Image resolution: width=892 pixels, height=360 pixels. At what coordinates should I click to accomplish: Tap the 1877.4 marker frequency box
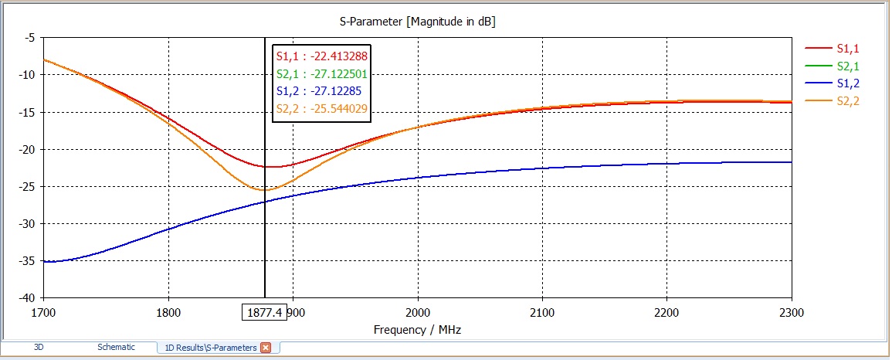[x=265, y=312]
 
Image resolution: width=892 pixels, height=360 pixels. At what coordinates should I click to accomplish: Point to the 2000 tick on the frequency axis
[x=418, y=313]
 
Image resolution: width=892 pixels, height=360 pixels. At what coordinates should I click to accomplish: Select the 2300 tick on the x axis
[x=791, y=313]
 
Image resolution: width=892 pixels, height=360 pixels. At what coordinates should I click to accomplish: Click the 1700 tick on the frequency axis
[x=44, y=313]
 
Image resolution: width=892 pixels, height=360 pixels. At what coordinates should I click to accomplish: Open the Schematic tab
[x=116, y=348]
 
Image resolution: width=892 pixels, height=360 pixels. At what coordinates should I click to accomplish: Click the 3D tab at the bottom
[x=39, y=348]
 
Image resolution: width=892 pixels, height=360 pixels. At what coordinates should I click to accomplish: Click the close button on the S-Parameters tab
[x=266, y=348]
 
